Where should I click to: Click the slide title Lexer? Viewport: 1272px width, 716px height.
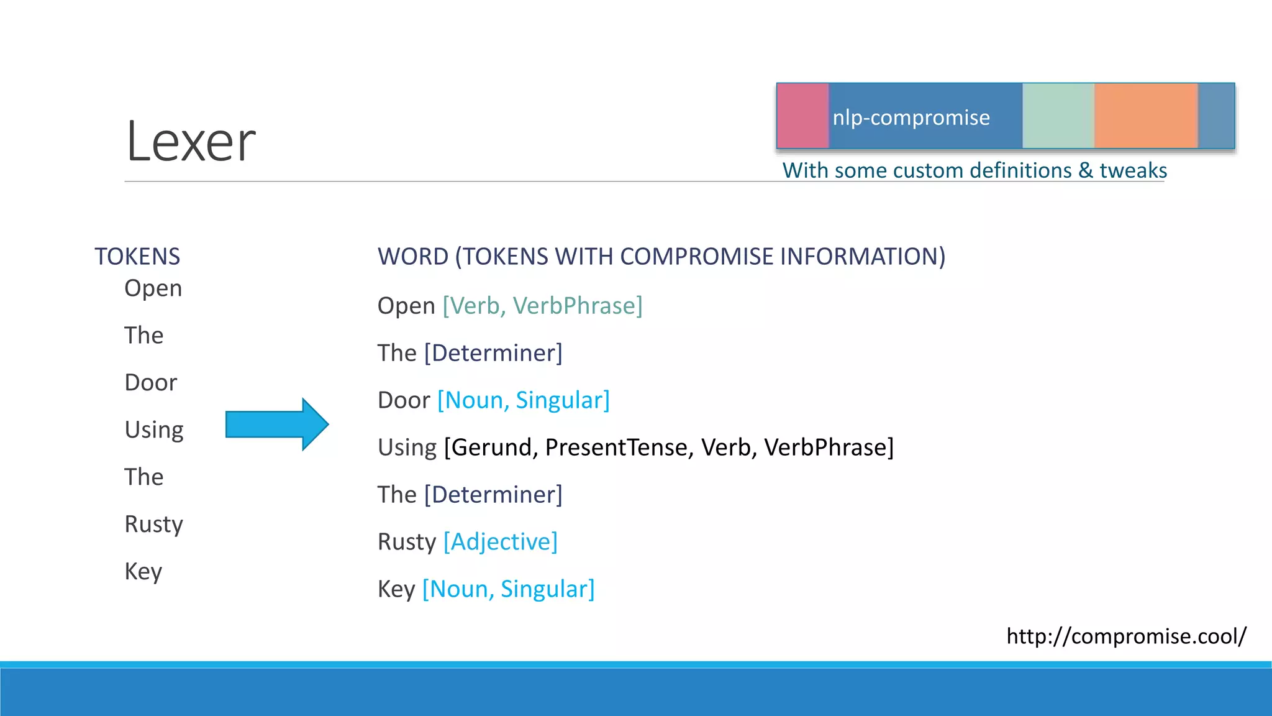click(191, 142)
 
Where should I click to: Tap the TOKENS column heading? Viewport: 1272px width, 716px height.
click(137, 256)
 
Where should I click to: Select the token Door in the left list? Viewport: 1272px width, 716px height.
click(151, 382)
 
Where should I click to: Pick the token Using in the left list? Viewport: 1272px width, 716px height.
click(154, 429)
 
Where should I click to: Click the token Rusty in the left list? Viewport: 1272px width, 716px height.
click(153, 524)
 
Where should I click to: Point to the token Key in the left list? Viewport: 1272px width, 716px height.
click(143, 571)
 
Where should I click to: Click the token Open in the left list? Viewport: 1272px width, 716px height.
click(153, 288)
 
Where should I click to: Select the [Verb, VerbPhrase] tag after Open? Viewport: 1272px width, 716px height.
click(542, 306)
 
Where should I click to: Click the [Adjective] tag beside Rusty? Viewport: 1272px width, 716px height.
click(501, 541)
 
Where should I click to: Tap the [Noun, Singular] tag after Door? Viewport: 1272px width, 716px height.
click(524, 400)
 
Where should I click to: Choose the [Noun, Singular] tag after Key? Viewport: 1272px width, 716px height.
click(508, 589)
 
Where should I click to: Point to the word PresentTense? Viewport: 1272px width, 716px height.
click(619, 447)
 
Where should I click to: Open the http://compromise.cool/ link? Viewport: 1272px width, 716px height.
click(1126, 636)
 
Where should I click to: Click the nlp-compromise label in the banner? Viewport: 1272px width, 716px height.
click(911, 117)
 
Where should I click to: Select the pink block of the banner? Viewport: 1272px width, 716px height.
click(803, 116)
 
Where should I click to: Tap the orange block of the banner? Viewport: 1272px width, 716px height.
click(1145, 116)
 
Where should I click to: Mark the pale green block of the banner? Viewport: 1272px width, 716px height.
click(1058, 116)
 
